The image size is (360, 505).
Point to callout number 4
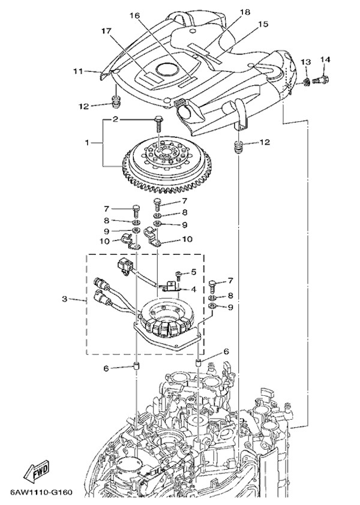[x=193, y=290]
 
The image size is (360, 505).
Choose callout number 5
[x=193, y=273]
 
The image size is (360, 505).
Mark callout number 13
[x=305, y=62]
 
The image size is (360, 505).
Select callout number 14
[x=325, y=59]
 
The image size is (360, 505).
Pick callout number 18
[x=244, y=12]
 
